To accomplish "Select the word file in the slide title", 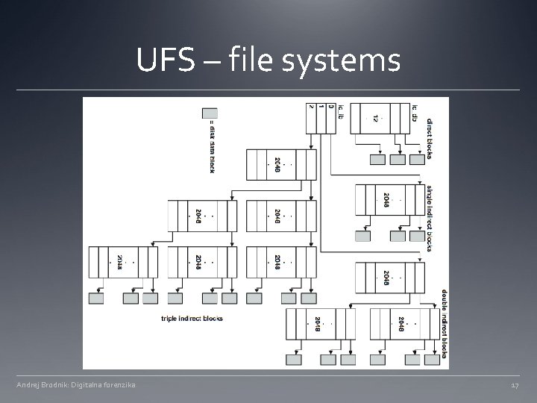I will pyautogui.click(x=247, y=61).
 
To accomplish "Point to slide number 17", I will pyautogui.click(x=515, y=385).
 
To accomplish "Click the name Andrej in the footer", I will pyautogui.click(x=31, y=385).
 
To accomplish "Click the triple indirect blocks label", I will pyautogui.click(x=192, y=319).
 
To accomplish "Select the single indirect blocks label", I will pyautogui.click(x=430, y=217).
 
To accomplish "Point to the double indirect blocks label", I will pyautogui.click(x=445, y=322).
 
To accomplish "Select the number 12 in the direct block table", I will pyautogui.click(x=376, y=118).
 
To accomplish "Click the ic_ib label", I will pyautogui.click(x=341, y=111).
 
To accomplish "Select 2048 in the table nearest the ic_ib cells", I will pyautogui.click(x=277, y=166).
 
